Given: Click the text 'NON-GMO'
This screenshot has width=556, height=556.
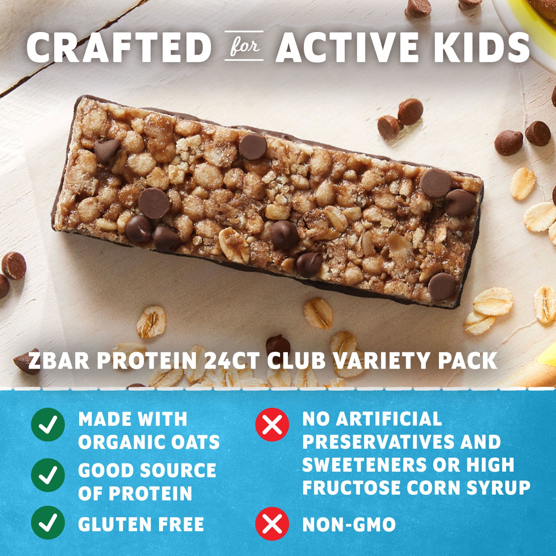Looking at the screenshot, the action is point(349,522).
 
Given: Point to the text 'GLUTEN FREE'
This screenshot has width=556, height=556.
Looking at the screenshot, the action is point(141,522).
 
